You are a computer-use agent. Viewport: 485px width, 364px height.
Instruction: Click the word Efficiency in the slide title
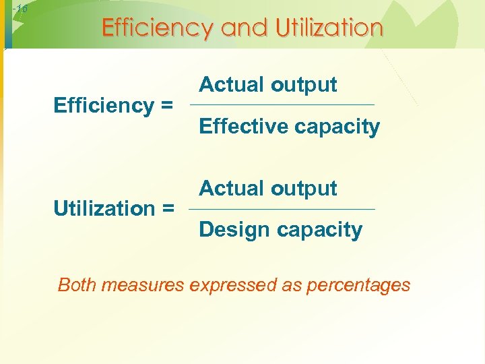(x=158, y=28)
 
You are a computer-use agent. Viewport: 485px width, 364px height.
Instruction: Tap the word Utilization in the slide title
(x=328, y=28)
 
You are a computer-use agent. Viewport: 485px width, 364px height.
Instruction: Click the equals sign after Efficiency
(x=166, y=106)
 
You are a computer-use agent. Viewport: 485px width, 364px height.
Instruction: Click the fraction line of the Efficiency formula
(x=282, y=104)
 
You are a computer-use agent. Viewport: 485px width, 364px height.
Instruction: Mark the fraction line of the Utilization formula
(x=282, y=209)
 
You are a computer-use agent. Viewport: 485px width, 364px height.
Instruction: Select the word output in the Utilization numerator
(x=303, y=188)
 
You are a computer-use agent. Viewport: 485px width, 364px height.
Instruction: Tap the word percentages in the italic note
(x=358, y=284)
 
